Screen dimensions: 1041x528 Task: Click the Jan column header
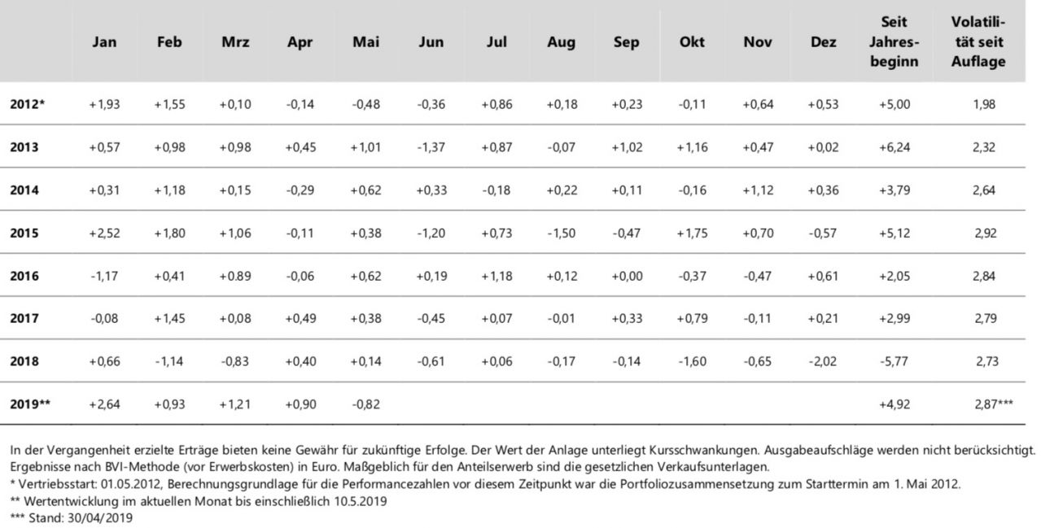point(104,41)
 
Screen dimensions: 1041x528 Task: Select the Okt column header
point(692,41)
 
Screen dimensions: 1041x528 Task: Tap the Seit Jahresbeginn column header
point(894,41)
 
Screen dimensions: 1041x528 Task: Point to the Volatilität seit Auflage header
point(978,41)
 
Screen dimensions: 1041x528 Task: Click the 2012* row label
point(28,104)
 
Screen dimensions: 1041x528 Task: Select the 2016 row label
point(24,276)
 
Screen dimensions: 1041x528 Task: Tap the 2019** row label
point(30,404)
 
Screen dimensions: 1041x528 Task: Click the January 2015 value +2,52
point(104,233)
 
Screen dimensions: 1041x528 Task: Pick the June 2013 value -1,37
point(431,147)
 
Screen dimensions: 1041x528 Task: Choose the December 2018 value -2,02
point(823,361)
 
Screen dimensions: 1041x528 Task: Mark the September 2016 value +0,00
point(627,276)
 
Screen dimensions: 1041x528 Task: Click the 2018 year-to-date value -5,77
point(894,361)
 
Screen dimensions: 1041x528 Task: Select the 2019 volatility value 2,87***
point(994,404)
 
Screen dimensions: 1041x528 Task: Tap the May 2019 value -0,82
point(366,404)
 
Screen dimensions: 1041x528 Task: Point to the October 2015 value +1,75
point(693,233)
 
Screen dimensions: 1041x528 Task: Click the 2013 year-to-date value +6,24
point(894,147)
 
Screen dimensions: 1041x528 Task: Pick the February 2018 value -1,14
point(169,361)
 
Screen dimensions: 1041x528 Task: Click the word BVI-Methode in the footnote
point(142,467)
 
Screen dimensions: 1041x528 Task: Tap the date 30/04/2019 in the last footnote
point(100,517)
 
